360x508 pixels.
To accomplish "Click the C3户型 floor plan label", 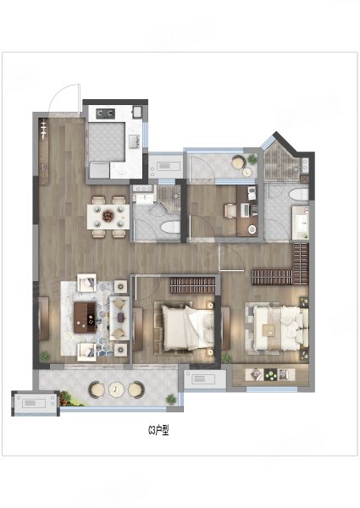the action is [x=158, y=430].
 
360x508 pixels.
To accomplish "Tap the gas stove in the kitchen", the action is [x=106, y=113].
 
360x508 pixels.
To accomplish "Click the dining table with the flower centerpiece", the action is [x=108, y=217].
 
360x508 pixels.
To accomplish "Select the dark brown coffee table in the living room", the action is [x=85, y=317].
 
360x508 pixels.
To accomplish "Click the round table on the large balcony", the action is [x=116, y=389].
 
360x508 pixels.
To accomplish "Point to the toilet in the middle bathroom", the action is [x=170, y=227].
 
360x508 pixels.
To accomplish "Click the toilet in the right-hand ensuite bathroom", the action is [x=298, y=195].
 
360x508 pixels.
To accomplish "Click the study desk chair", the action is [x=230, y=211].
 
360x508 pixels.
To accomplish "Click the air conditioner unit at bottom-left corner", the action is [x=36, y=403].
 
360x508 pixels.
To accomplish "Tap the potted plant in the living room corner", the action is [x=45, y=356].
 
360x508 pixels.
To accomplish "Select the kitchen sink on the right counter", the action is [x=135, y=141].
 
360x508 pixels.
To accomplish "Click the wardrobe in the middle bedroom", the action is [x=192, y=285].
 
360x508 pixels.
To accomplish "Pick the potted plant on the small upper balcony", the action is [x=252, y=159].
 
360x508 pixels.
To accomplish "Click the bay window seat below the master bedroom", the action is [x=270, y=375].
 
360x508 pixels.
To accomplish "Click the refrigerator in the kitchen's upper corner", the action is [x=136, y=113].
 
